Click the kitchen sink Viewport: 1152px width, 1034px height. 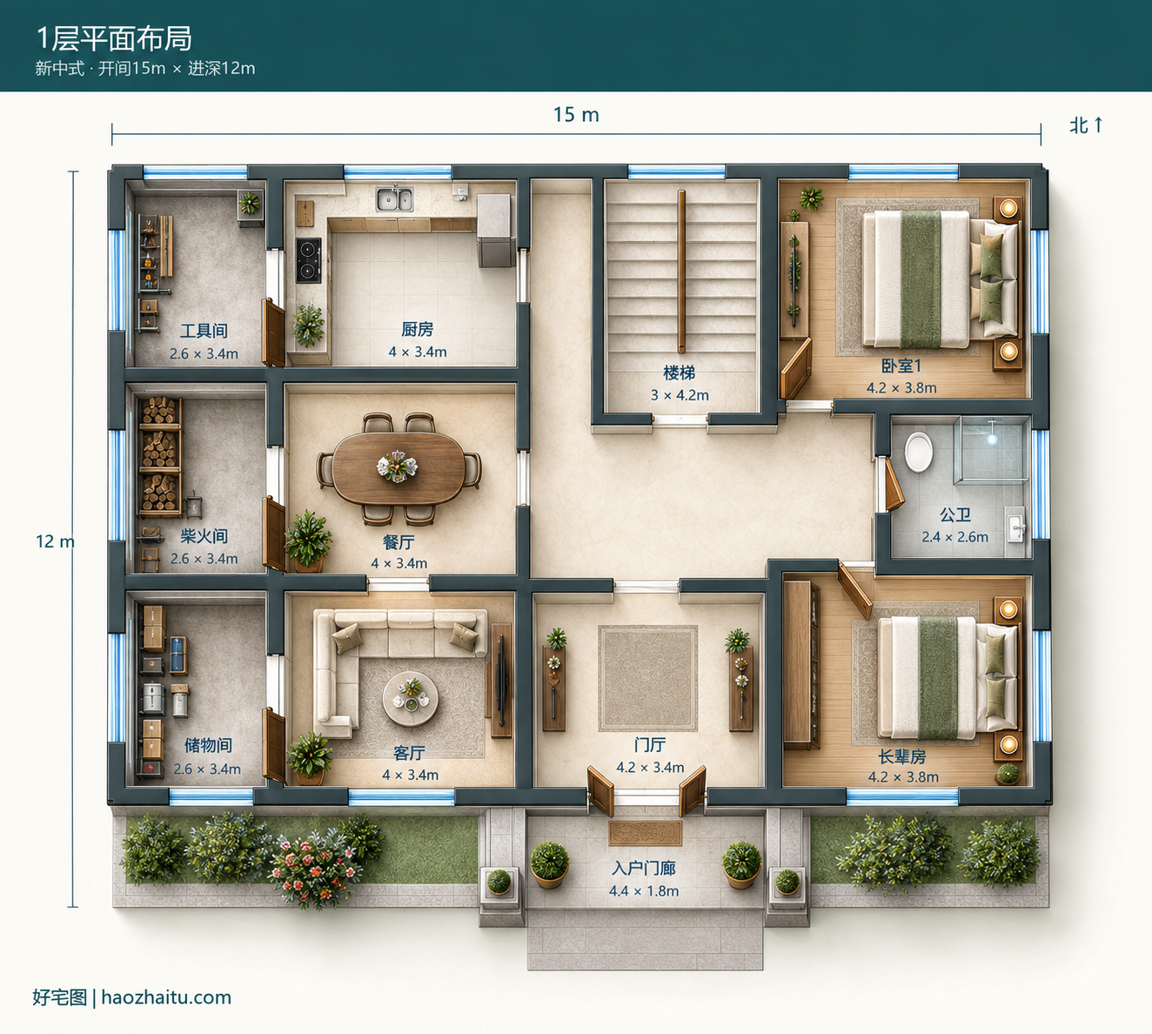(394, 199)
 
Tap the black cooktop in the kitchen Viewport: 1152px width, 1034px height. (308, 260)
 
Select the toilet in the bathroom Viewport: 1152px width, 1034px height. (918, 453)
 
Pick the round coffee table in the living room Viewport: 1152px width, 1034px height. (410, 699)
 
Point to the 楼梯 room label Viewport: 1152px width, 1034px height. (680, 373)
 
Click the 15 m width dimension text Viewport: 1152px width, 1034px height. (576, 115)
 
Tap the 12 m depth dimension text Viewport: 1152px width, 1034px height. (55, 540)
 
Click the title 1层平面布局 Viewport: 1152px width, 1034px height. (114, 38)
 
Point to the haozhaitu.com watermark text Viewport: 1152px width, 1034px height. (166, 997)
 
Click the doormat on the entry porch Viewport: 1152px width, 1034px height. (645, 833)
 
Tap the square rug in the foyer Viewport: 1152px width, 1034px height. (647, 678)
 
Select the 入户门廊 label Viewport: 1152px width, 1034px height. (644, 868)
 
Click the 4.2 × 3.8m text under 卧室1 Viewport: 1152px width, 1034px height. (901, 388)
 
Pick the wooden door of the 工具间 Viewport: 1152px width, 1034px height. (273, 332)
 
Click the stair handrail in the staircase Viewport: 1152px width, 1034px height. (681, 272)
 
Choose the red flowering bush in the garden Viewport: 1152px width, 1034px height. (313, 869)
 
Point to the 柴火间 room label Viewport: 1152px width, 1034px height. (204, 536)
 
